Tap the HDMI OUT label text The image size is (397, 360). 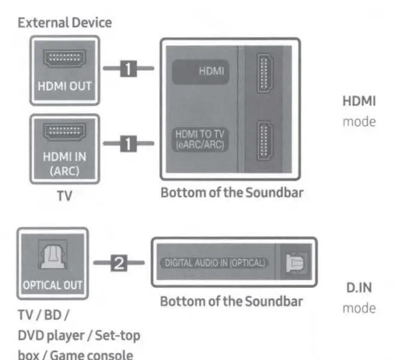click(x=64, y=86)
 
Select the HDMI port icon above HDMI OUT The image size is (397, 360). click(x=65, y=58)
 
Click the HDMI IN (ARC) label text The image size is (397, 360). click(x=65, y=163)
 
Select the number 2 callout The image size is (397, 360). click(x=121, y=262)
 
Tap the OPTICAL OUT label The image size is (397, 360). click(x=53, y=284)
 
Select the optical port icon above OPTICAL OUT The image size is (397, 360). click(x=53, y=255)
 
